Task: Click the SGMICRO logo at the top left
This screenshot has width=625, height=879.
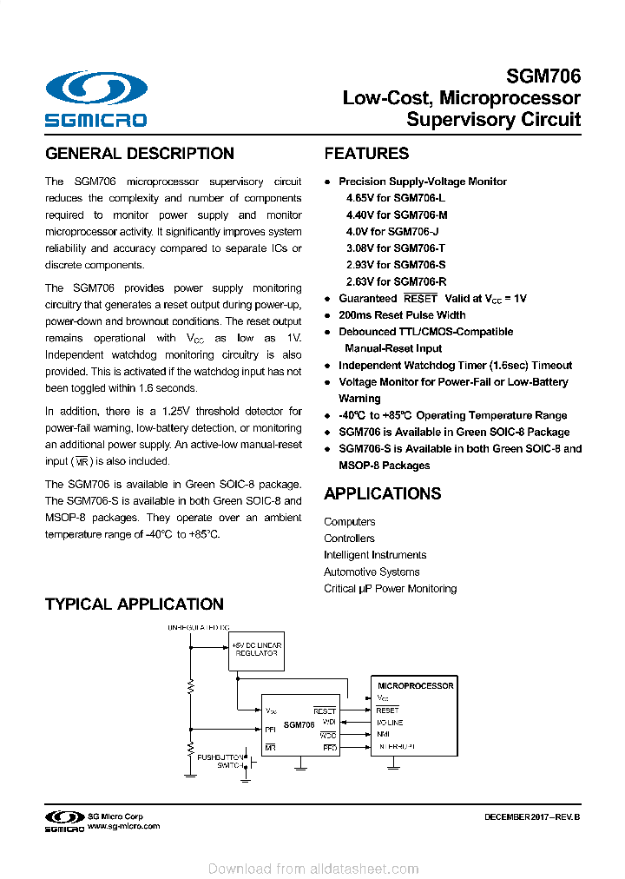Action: [x=96, y=99]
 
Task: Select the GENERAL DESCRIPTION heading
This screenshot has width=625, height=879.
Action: [x=140, y=154]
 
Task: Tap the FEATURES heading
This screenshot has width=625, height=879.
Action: [x=366, y=154]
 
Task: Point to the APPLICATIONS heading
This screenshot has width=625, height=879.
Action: [x=383, y=493]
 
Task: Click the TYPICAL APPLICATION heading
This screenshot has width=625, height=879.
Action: [x=135, y=605]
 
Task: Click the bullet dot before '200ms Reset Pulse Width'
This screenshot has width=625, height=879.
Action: [x=327, y=315]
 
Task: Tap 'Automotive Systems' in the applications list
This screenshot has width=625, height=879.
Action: [x=372, y=572]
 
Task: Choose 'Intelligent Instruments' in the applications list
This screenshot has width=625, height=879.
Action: [x=375, y=555]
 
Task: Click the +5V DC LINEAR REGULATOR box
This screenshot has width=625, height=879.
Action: [x=257, y=650]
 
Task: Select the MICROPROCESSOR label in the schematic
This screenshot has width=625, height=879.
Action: [x=415, y=685]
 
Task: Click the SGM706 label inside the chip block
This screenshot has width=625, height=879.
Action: [x=299, y=724]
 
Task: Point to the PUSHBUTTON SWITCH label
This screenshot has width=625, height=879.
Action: [x=220, y=762]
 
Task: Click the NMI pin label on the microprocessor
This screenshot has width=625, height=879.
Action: [x=383, y=734]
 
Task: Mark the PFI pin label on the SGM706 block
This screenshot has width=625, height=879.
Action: [x=270, y=729]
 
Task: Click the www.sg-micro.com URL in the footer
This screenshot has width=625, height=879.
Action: [x=123, y=827]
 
